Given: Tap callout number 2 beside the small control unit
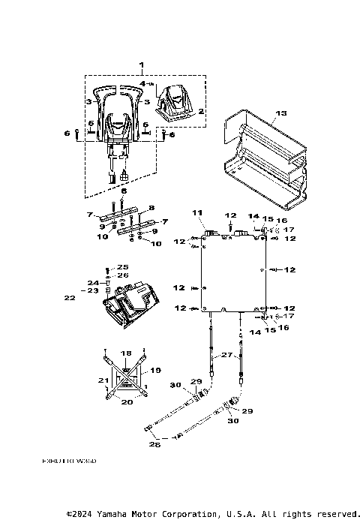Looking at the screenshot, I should (200, 111).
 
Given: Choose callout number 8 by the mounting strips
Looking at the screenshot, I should (151, 206).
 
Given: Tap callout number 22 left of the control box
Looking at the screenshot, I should (69, 298).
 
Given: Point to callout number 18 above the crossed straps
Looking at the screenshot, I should (126, 352).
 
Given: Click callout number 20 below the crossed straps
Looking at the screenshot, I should (126, 402).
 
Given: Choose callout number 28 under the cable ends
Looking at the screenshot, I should (156, 443).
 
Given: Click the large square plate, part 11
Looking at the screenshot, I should (232, 274).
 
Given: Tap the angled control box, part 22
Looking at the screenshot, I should (127, 304).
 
